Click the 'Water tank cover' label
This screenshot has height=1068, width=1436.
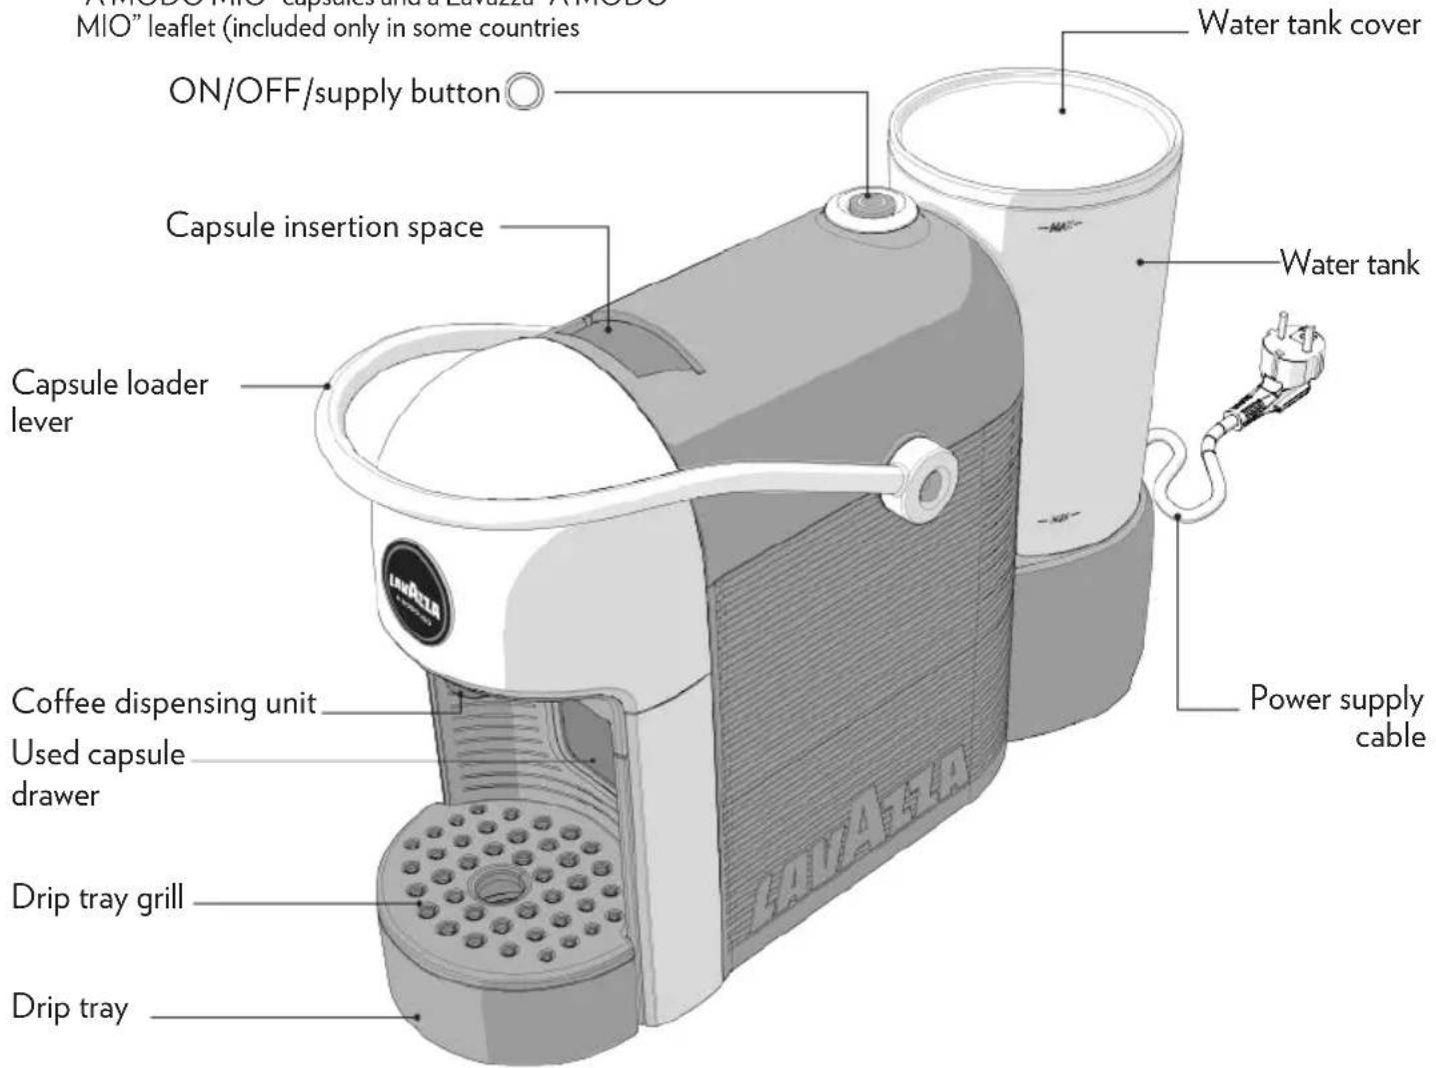(x=1308, y=23)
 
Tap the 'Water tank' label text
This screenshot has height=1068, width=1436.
(x=1349, y=263)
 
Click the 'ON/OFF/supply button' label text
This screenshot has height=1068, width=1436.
(x=334, y=92)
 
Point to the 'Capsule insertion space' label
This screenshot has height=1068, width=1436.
(x=324, y=226)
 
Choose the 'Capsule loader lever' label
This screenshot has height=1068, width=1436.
(x=109, y=401)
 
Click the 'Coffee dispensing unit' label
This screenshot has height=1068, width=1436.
(x=163, y=702)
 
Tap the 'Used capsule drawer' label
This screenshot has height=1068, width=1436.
(x=97, y=773)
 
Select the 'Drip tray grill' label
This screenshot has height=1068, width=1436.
(x=97, y=897)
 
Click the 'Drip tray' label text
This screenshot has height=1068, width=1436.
(x=69, y=1006)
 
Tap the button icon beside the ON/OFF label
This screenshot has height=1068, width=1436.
(x=525, y=93)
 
